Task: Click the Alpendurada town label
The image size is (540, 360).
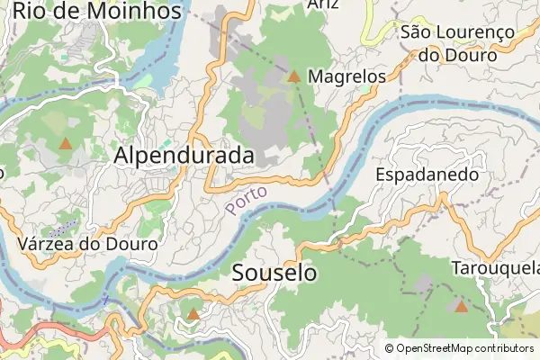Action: point(184,156)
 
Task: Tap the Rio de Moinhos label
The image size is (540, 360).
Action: point(96,12)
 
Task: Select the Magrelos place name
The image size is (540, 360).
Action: point(346,77)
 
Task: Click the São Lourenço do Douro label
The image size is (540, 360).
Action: point(457,43)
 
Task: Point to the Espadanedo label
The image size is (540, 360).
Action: point(427,174)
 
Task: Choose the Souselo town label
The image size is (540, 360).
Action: point(274,272)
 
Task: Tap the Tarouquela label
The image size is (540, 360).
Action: point(496,268)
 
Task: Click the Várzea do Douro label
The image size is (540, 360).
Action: point(87,244)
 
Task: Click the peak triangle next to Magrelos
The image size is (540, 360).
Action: point(293,76)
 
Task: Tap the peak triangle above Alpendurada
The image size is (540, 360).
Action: point(65,143)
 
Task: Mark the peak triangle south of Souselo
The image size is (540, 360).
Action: point(193,314)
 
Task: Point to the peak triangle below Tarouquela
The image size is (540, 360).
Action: point(461,307)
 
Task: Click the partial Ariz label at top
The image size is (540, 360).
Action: point(322,4)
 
